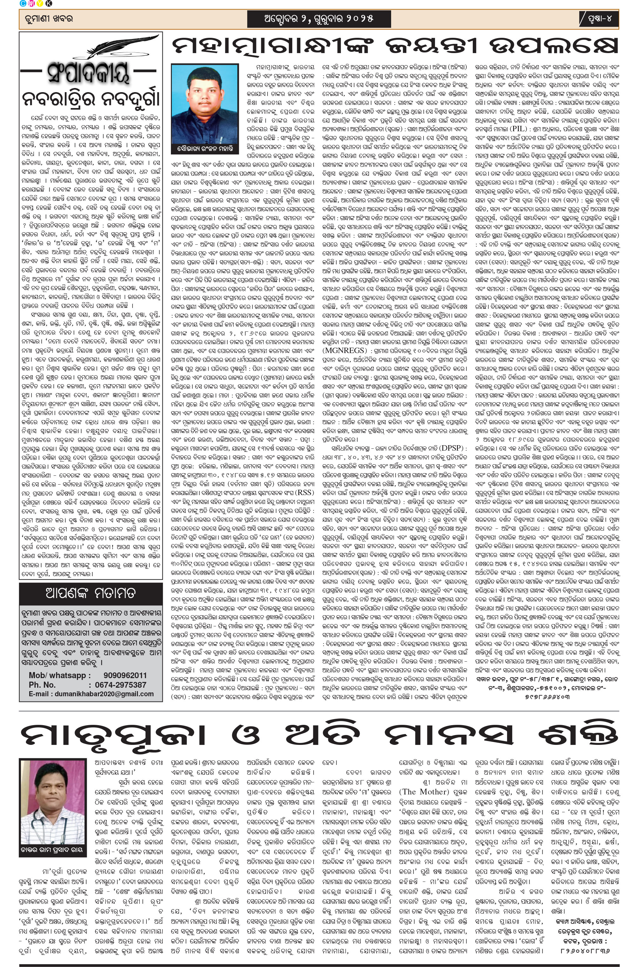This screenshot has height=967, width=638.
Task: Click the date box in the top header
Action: [x=319, y=18]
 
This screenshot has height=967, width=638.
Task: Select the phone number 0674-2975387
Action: [x=120, y=684]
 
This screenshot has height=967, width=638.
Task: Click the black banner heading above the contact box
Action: [x=90, y=593]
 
